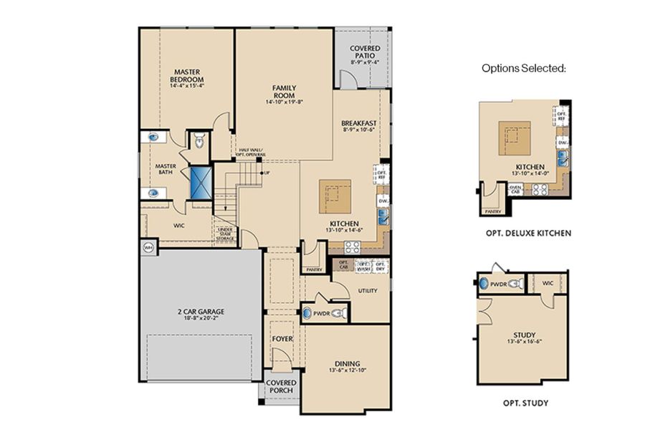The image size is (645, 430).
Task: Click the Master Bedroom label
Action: (188, 75)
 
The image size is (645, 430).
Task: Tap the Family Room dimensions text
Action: (284, 102)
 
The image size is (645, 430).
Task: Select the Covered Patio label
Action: (365, 52)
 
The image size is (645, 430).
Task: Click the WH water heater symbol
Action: (149, 247)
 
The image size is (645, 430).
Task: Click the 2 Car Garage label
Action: (201, 311)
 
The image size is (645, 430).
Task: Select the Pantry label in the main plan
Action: (314, 269)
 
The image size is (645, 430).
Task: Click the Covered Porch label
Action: (282, 387)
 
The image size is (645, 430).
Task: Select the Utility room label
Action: (368, 290)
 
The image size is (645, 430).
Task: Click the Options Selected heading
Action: (524, 69)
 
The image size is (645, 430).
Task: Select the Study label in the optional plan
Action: (525, 334)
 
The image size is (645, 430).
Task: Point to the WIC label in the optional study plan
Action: (548, 283)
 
